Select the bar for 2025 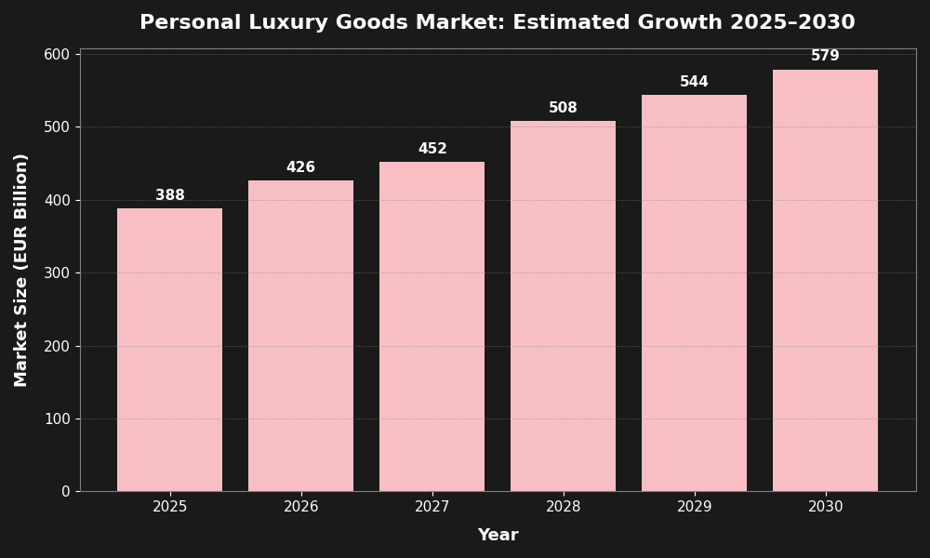(x=169, y=350)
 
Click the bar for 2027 (x=432, y=326)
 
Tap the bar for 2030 (x=825, y=280)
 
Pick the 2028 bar (x=563, y=306)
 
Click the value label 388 (x=170, y=195)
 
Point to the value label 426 (x=300, y=167)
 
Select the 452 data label (x=432, y=149)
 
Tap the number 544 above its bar (x=694, y=82)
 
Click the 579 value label (x=825, y=56)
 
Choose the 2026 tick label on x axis (x=300, y=507)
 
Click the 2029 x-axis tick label (x=694, y=507)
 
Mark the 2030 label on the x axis (x=825, y=507)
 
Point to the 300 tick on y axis (x=57, y=273)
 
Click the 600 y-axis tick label (x=57, y=55)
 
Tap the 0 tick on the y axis (x=66, y=492)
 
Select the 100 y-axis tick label (x=57, y=419)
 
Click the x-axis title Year (x=498, y=536)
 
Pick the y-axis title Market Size (x=21, y=270)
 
